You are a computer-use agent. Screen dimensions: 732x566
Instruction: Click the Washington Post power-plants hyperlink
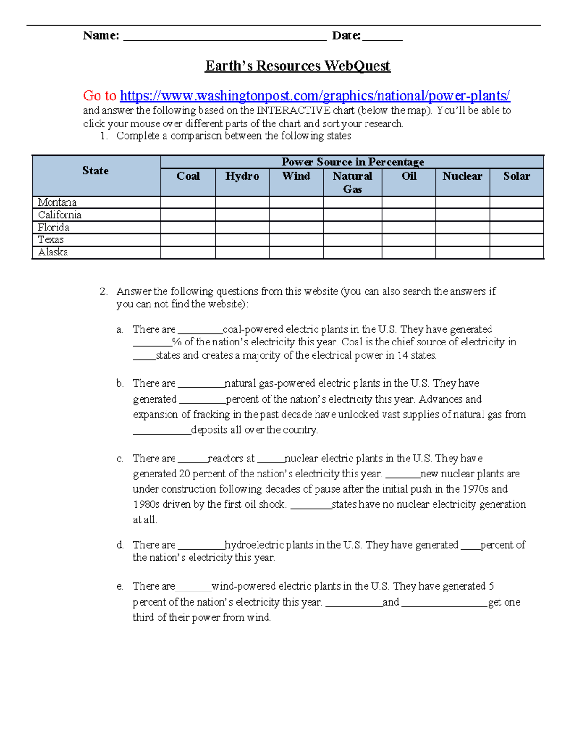tap(315, 96)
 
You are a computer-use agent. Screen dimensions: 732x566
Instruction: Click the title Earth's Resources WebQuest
tap(297, 66)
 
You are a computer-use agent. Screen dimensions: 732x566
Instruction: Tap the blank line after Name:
tap(225, 37)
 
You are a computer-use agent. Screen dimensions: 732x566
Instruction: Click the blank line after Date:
tap(383, 37)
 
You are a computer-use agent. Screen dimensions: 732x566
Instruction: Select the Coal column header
tap(188, 176)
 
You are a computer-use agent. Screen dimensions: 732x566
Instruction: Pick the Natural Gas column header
tap(352, 182)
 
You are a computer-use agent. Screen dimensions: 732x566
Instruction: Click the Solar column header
tap(516, 176)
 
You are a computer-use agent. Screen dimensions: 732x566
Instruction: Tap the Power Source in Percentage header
tap(352, 162)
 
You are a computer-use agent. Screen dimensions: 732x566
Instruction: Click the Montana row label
tap(57, 202)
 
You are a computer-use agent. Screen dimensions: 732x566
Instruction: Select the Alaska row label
tap(53, 252)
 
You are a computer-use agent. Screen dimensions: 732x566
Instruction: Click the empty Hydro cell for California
tap(242, 215)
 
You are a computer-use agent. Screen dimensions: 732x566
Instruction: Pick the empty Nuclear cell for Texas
tap(462, 239)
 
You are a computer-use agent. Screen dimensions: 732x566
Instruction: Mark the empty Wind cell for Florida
tap(296, 227)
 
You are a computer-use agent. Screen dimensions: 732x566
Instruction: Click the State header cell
tap(96, 171)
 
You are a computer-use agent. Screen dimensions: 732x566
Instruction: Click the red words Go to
tap(100, 96)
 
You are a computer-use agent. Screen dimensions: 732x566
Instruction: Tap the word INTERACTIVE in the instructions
tap(293, 110)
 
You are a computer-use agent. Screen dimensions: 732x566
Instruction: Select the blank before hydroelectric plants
tap(201, 546)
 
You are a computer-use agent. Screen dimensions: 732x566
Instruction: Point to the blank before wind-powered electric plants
tap(193, 587)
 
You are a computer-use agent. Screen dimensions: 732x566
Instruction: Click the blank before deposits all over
tap(162, 431)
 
